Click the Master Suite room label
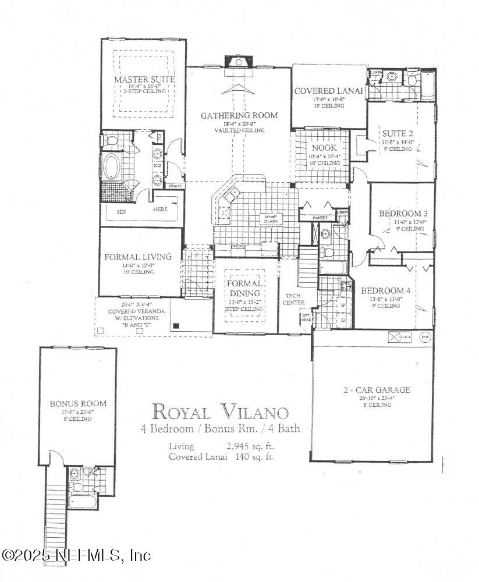tap(144, 79)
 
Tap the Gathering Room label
tap(239, 116)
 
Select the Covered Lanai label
tap(328, 91)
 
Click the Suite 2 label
tap(398, 133)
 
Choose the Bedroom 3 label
tap(402, 214)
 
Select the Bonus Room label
tap(78, 403)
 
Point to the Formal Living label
tap(138, 257)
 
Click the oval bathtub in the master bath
tap(110, 165)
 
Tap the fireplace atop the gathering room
tap(239, 62)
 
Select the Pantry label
tap(320, 218)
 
